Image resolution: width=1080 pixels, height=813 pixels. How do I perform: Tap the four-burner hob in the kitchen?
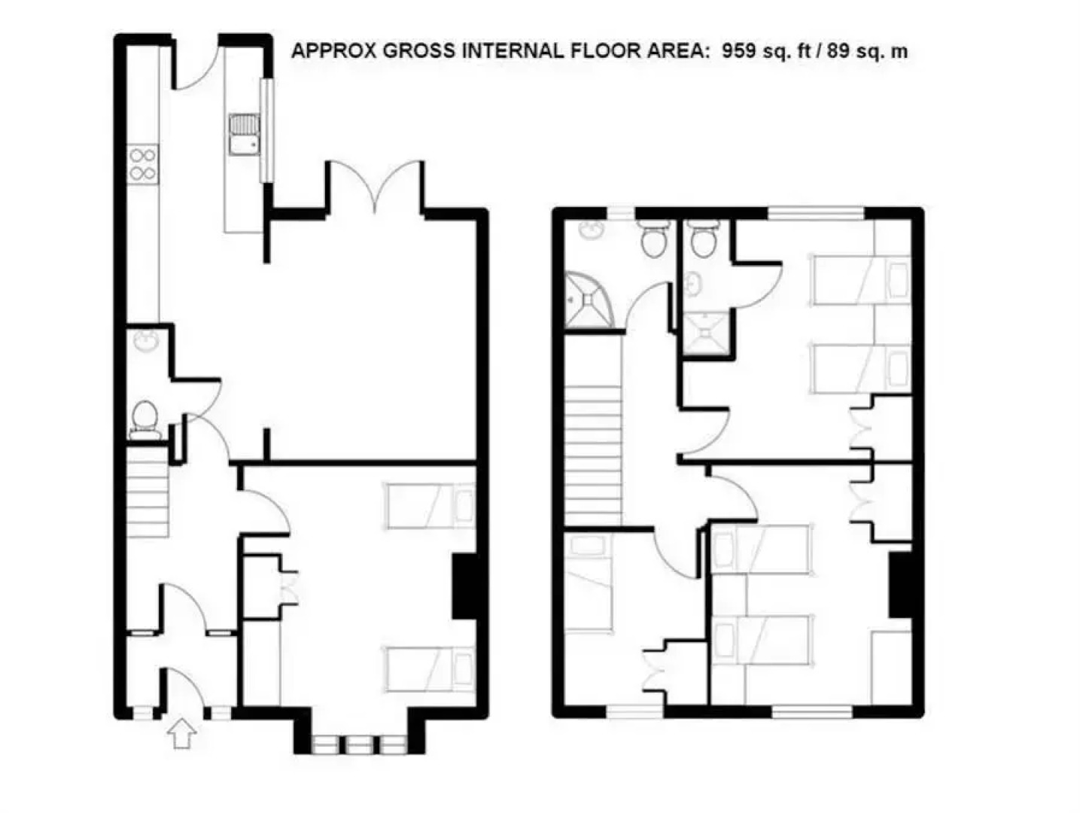[143, 165]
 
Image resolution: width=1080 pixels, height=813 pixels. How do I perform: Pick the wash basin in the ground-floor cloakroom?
[144, 340]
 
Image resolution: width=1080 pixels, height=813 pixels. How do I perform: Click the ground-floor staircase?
[147, 492]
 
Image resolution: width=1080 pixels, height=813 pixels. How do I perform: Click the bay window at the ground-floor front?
[359, 744]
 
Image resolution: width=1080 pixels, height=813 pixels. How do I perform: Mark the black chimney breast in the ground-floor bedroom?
[464, 587]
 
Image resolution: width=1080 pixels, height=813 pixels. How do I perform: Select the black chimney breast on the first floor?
[899, 584]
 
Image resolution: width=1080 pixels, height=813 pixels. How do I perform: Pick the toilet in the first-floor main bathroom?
[652, 239]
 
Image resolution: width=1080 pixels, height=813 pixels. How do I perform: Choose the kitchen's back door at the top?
[196, 64]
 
